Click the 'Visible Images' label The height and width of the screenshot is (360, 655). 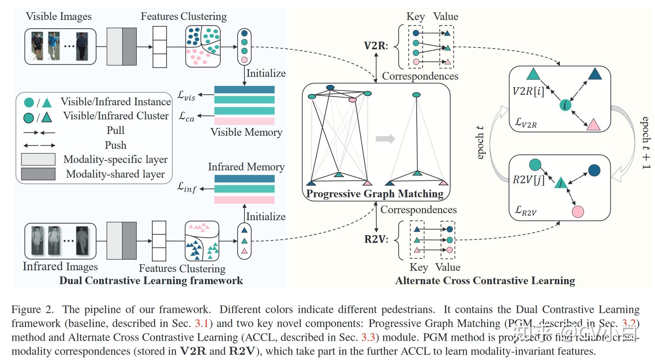pyautogui.click(x=58, y=17)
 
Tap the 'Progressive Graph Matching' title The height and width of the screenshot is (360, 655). pyautogui.click(x=375, y=194)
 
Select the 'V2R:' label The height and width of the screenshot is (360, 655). pyautogui.click(x=376, y=46)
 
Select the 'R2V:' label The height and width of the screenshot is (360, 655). pyautogui.click(x=376, y=239)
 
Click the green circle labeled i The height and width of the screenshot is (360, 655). pyautogui.click(x=565, y=105)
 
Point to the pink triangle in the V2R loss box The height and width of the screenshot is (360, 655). pyautogui.click(x=593, y=125)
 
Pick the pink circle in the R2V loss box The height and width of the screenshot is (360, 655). pyautogui.click(x=578, y=212)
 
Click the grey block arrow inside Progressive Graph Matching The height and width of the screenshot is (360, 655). pyautogui.click(x=385, y=139)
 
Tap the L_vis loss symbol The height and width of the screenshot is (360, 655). pyautogui.click(x=186, y=95)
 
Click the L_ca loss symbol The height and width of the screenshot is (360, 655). pyautogui.click(x=186, y=116)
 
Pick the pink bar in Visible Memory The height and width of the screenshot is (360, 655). pyautogui.click(x=244, y=121)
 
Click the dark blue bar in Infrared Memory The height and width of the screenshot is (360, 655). pyautogui.click(x=244, y=179)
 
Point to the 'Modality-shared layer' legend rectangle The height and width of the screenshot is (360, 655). pyautogui.click(x=38, y=174)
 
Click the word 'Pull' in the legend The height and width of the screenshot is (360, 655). pyautogui.click(x=115, y=130)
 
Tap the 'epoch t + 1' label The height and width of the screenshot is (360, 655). pyautogui.click(x=646, y=143)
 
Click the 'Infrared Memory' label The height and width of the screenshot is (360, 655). pyautogui.click(x=246, y=167)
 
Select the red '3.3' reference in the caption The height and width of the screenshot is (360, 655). pyautogui.click(x=368, y=337)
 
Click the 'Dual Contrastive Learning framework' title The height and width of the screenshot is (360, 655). pyautogui.click(x=151, y=281)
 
